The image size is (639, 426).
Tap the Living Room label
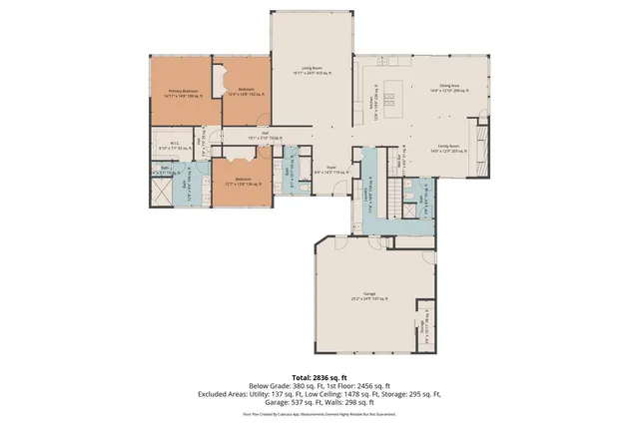[311, 71]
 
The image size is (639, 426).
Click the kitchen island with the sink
[389, 99]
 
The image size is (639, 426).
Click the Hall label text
[266, 136]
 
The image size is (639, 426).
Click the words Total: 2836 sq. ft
[319, 378]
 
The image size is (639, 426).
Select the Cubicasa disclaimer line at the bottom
[319, 412]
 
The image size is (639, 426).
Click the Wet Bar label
[402, 161]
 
